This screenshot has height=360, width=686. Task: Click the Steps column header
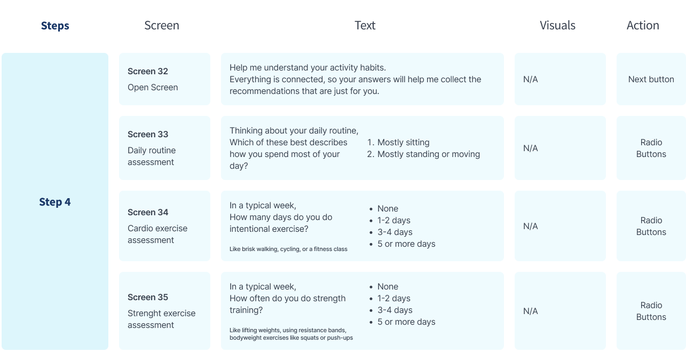pyautogui.click(x=55, y=26)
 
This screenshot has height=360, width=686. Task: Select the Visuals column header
pyautogui.click(x=557, y=26)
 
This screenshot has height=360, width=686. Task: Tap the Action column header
pyautogui.click(x=643, y=26)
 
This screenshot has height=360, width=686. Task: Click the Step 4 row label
pyautogui.click(x=55, y=202)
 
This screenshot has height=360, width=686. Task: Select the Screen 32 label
pyautogui.click(x=148, y=72)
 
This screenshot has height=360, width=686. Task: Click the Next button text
pyautogui.click(x=651, y=80)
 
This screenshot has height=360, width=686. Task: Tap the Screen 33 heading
pyautogui.click(x=148, y=134)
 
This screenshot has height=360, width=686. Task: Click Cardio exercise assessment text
pyautogui.click(x=157, y=234)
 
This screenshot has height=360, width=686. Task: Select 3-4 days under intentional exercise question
pyautogui.click(x=395, y=232)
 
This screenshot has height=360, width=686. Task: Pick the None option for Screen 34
pyautogui.click(x=388, y=209)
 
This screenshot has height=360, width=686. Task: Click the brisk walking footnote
pyautogui.click(x=288, y=249)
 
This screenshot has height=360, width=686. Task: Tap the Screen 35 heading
pyautogui.click(x=148, y=297)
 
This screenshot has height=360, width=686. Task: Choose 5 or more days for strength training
pyautogui.click(x=406, y=322)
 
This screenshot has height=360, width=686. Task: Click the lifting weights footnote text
pyautogui.click(x=291, y=334)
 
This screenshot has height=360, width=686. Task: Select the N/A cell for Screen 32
pyautogui.click(x=531, y=80)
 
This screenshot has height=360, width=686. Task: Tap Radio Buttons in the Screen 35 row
pyautogui.click(x=651, y=311)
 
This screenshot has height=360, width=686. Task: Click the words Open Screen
pyautogui.click(x=153, y=87)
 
